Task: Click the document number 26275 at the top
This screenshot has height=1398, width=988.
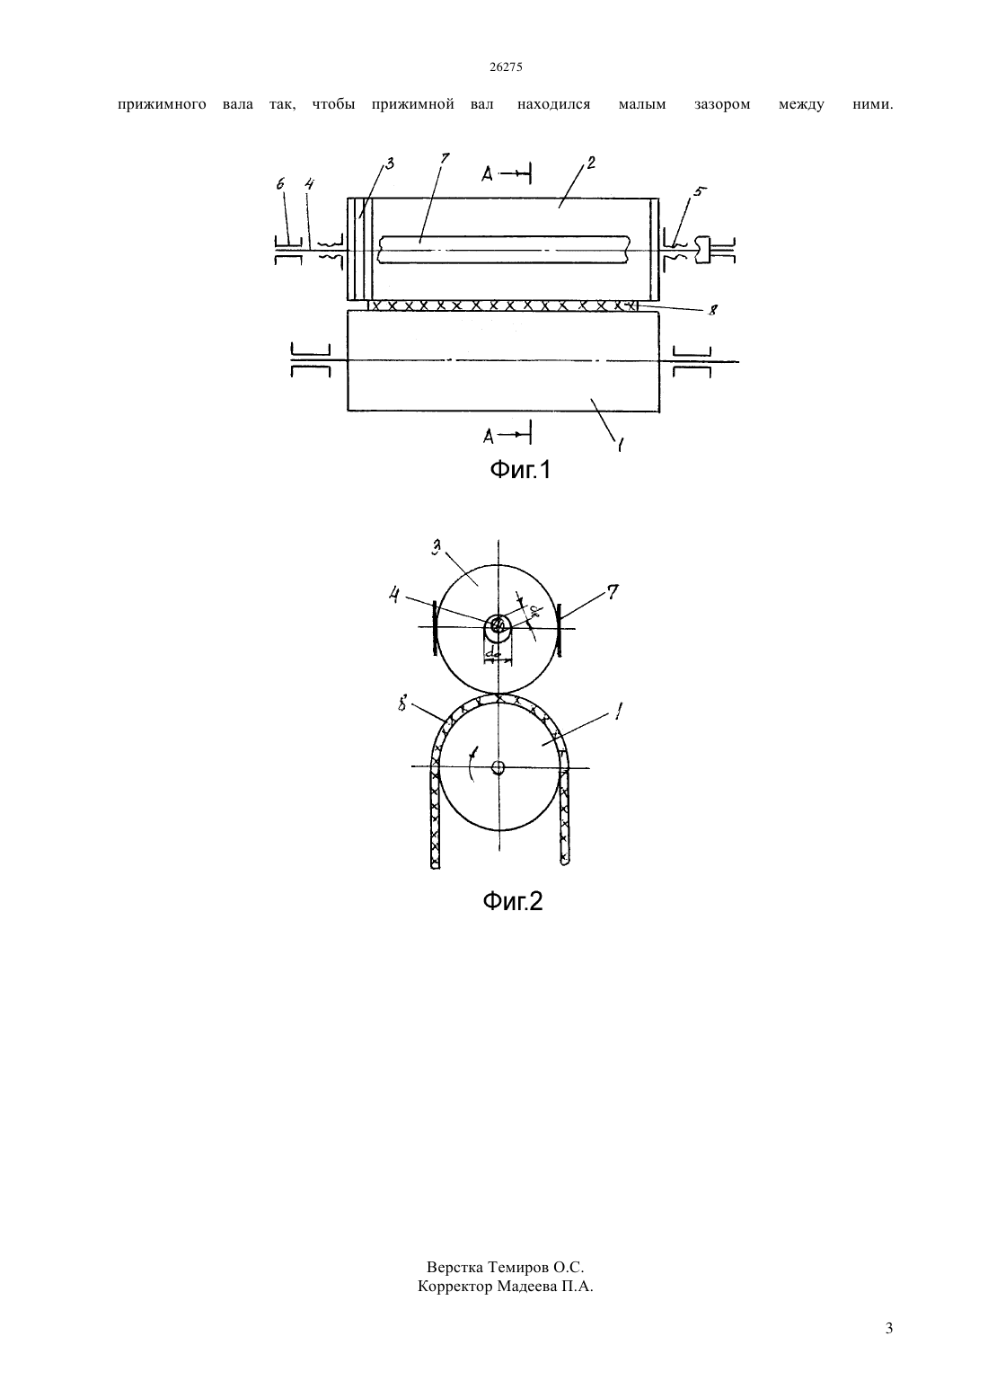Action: tap(505, 67)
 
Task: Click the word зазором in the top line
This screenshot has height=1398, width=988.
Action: tap(721, 104)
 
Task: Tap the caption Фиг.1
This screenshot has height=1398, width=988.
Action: tap(519, 469)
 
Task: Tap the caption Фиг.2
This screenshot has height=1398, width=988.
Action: tap(513, 900)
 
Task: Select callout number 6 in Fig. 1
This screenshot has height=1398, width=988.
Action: tap(280, 183)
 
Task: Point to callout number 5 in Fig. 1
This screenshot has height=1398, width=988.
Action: tap(697, 192)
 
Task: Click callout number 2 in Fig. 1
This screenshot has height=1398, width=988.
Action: tap(591, 163)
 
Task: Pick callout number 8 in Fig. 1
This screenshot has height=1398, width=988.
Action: tap(711, 310)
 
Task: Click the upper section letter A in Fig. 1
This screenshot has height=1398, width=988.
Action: tap(487, 175)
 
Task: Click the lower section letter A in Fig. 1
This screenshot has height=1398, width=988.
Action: tap(489, 437)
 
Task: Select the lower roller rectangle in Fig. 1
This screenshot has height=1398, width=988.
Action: tap(503, 361)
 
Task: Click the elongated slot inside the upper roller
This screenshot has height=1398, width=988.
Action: tap(503, 249)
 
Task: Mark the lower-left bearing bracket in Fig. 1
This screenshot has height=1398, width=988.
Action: tap(311, 361)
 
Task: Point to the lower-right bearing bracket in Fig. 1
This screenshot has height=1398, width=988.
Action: tap(692, 361)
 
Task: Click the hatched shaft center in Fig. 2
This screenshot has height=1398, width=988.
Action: tap(498, 625)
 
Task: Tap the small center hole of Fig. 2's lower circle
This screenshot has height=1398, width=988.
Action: tap(498, 767)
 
